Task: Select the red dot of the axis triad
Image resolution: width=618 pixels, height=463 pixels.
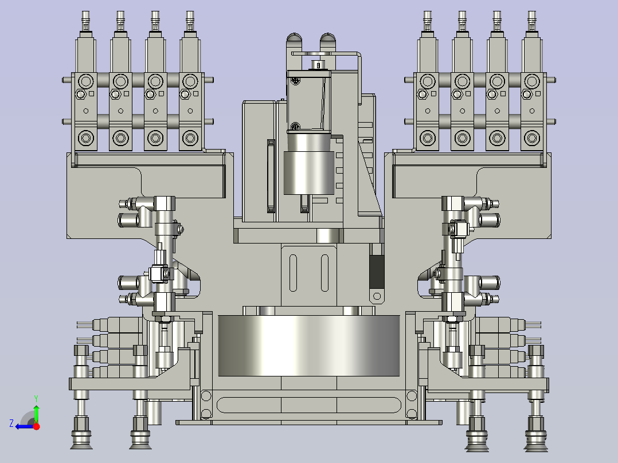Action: point(36,426)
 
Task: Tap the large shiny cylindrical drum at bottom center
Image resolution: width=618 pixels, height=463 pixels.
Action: point(309,346)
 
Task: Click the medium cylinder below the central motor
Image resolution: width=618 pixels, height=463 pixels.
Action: point(309,172)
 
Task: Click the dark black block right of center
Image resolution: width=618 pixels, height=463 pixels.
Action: point(377,272)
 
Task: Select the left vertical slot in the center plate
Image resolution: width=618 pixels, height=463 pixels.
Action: point(294,273)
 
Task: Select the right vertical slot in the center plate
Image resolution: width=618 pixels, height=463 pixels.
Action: point(324,273)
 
